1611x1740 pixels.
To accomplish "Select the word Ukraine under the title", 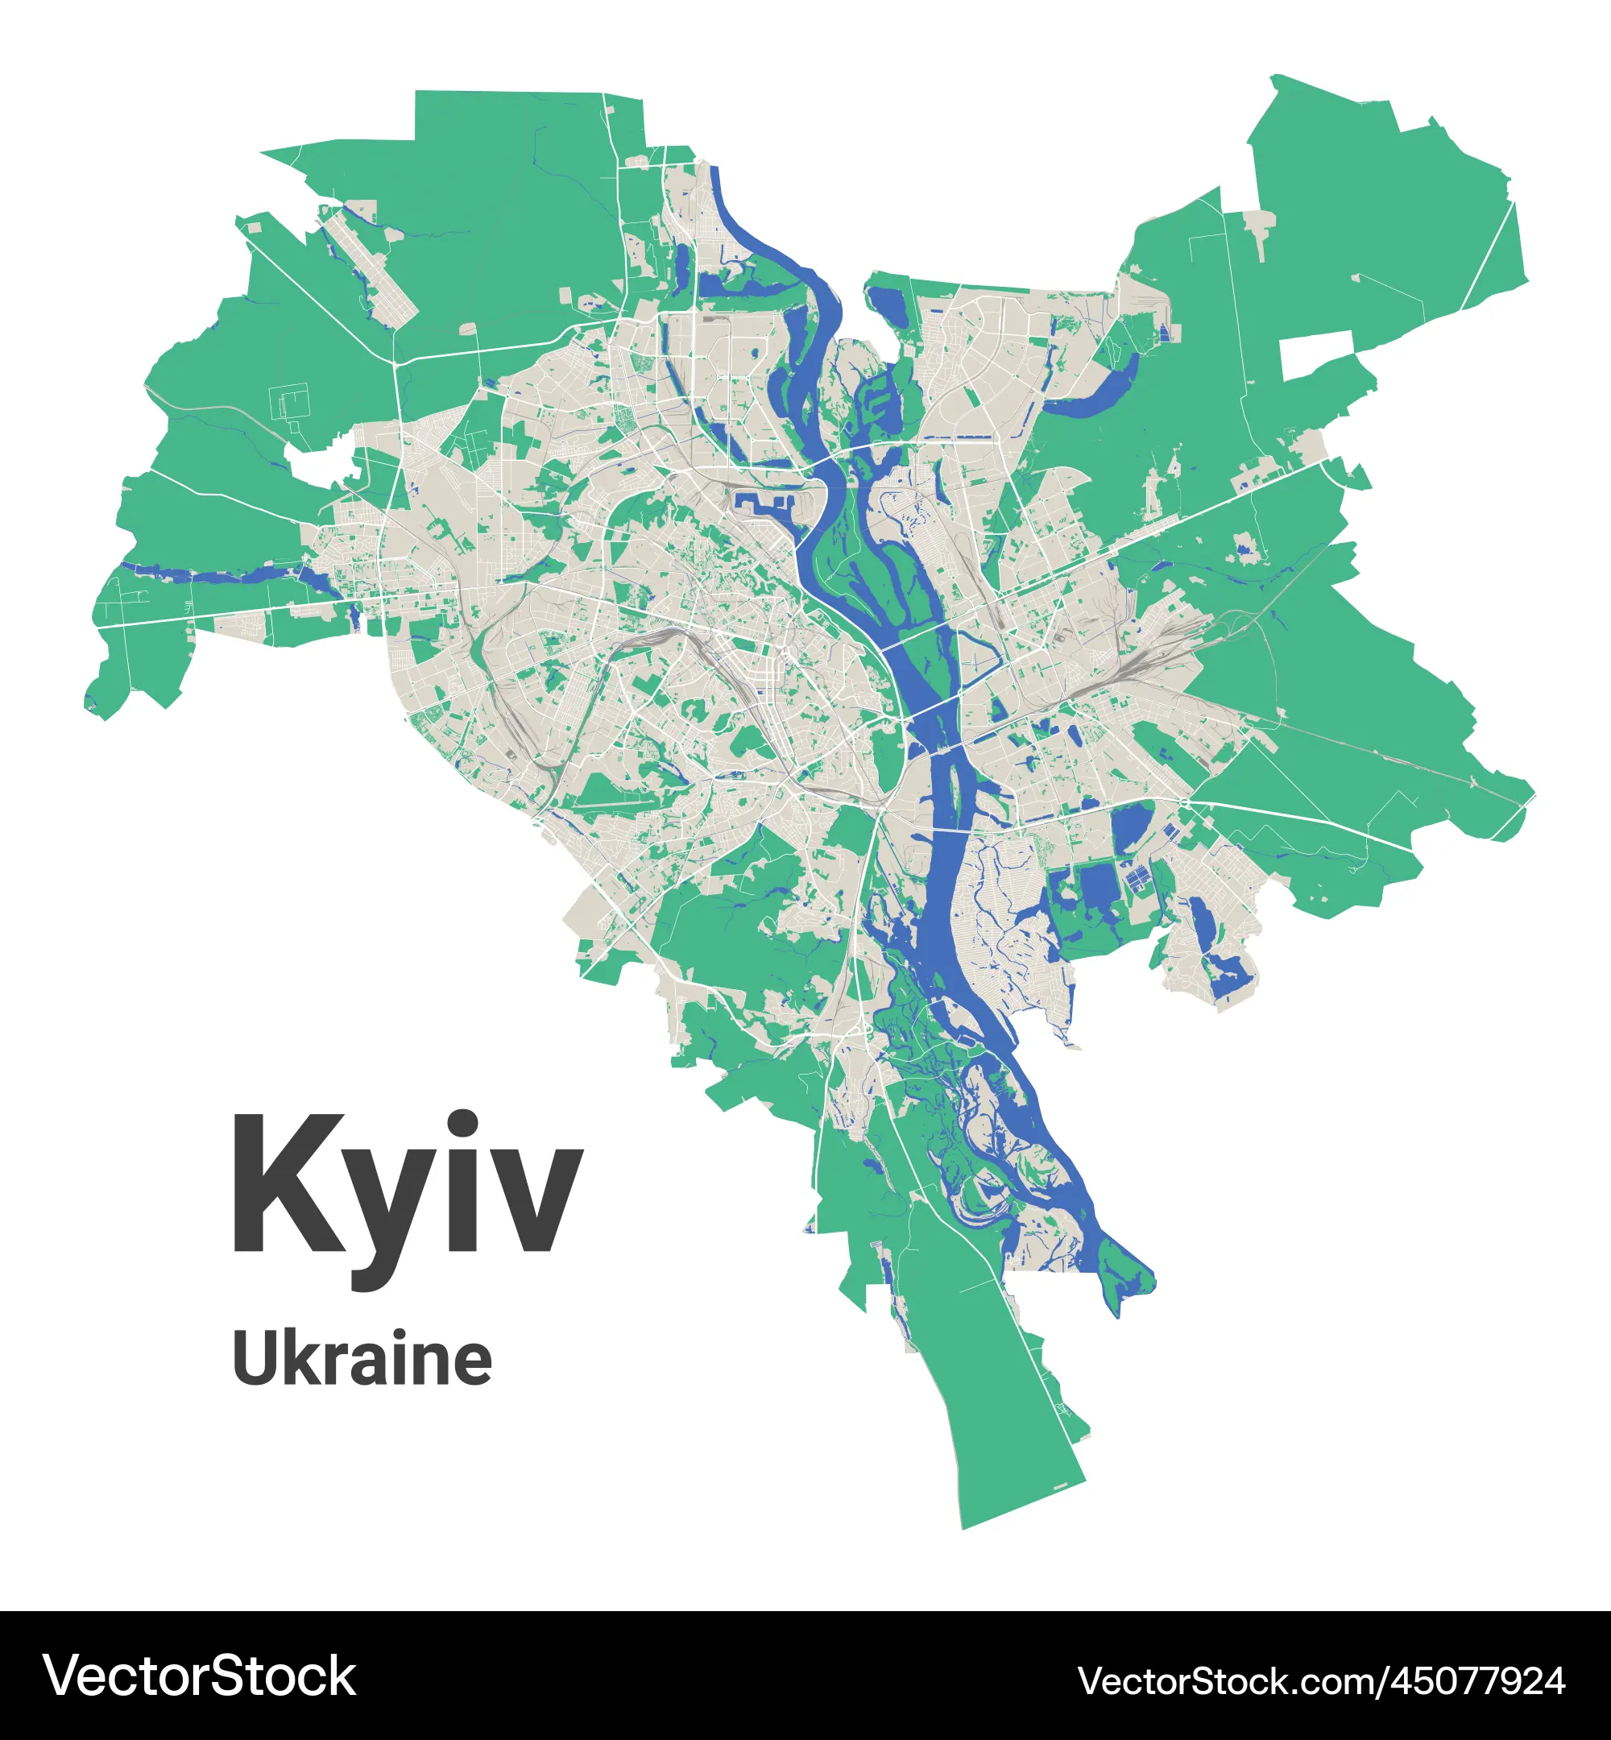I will coord(362,1359).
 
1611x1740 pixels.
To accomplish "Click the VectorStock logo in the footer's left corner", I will coord(200,1676).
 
